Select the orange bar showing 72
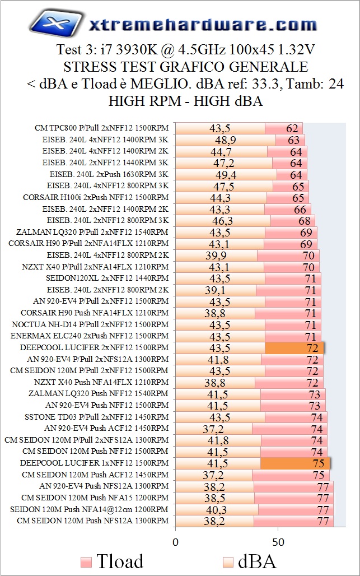[294, 347]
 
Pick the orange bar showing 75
[295, 463]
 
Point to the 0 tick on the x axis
[175, 542]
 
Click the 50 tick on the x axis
[278, 542]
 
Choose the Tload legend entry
[112, 561]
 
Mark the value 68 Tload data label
[305, 220]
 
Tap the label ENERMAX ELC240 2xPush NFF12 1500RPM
[90, 336]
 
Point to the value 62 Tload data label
[292, 128]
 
